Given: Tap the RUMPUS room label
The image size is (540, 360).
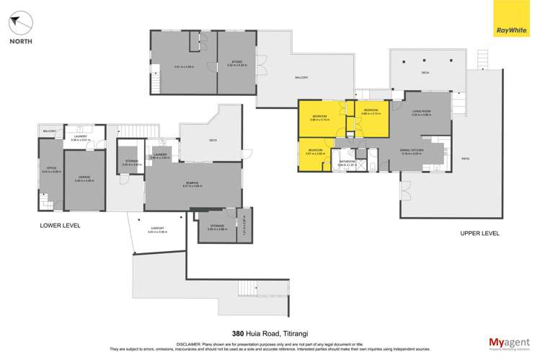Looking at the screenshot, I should pos(192,183).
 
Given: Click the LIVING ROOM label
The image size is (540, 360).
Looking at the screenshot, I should pos(421,111).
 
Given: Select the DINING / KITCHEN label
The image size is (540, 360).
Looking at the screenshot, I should pos(412,150).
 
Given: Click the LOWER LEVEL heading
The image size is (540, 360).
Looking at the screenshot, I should pos(60,227).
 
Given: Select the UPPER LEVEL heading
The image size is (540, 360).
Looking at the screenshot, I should pos(479,233).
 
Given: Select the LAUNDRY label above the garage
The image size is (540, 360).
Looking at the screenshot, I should pos(79,137).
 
